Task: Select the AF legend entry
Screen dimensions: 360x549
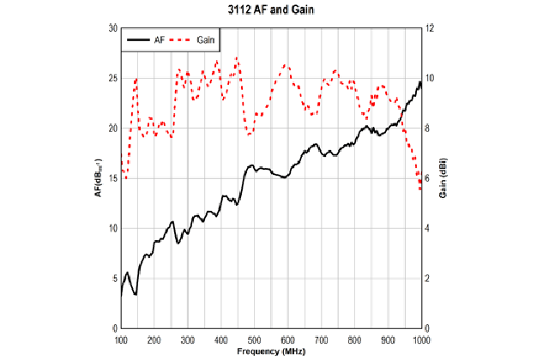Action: pyautogui.click(x=147, y=39)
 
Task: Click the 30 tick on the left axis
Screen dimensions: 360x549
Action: pyautogui.click(x=112, y=28)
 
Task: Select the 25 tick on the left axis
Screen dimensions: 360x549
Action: pyautogui.click(x=112, y=78)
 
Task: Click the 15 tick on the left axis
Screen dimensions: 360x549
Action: pyautogui.click(x=112, y=178)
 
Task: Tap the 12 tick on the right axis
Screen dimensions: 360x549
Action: pyautogui.click(x=431, y=28)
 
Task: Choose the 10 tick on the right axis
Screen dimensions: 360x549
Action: pyautogui.click(x=431, y=78)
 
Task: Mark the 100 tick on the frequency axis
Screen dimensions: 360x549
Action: pyautogui.click(x=121, y=339)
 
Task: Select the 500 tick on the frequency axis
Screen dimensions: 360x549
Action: pyautogui.click(x=254, y=339)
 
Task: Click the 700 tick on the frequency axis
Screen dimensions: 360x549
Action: pyautogui.click(x=321, y=339)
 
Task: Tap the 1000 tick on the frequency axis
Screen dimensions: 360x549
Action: pyautogui.click(x=419, y=339)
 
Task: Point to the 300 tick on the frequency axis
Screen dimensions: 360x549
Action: pyautogui.click(x=188, y=339)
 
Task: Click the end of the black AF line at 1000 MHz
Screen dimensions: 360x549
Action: pyautogui.click(x=421, y=82)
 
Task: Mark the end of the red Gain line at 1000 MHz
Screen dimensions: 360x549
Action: pyautogui.click(x=420, y=189)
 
